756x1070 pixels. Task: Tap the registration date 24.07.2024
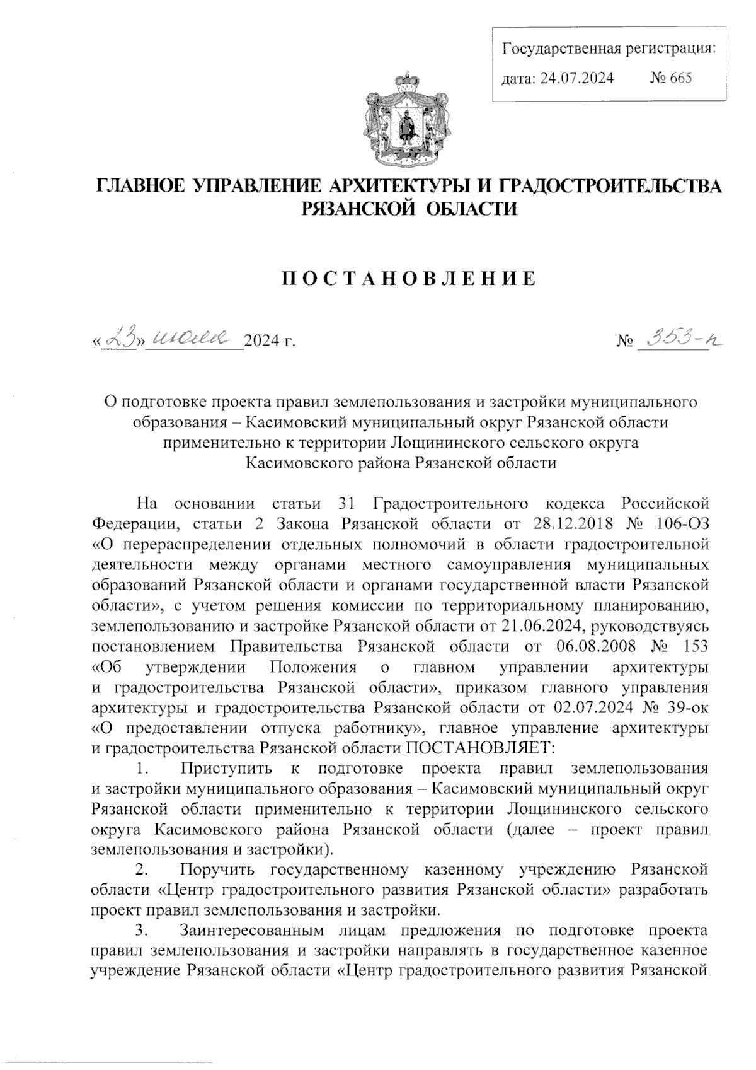(x=576, y=78)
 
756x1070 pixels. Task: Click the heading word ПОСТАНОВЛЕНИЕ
(x=409, y=278)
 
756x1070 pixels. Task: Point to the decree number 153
(x=694, y=647)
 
